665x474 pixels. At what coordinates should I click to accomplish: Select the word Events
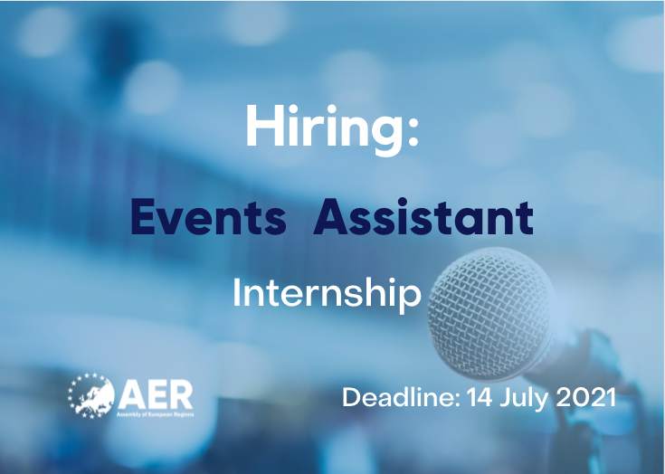[x=208, y=217]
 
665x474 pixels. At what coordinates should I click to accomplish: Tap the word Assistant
[x=423, y=217]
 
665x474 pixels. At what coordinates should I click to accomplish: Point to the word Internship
[x=327, y=293]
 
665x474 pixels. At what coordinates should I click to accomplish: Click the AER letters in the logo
[x=156, y=395]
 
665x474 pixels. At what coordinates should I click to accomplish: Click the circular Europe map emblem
[x=91, y=395]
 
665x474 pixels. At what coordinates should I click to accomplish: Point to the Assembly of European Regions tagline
[x=156, y=413]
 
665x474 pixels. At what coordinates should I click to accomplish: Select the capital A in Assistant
[x=332, y=217]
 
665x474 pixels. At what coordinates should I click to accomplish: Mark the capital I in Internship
[x=236, y=292]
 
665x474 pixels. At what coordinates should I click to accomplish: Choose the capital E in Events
[x=143, y=217]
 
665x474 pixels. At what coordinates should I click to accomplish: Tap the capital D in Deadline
[x=353, y=398]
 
